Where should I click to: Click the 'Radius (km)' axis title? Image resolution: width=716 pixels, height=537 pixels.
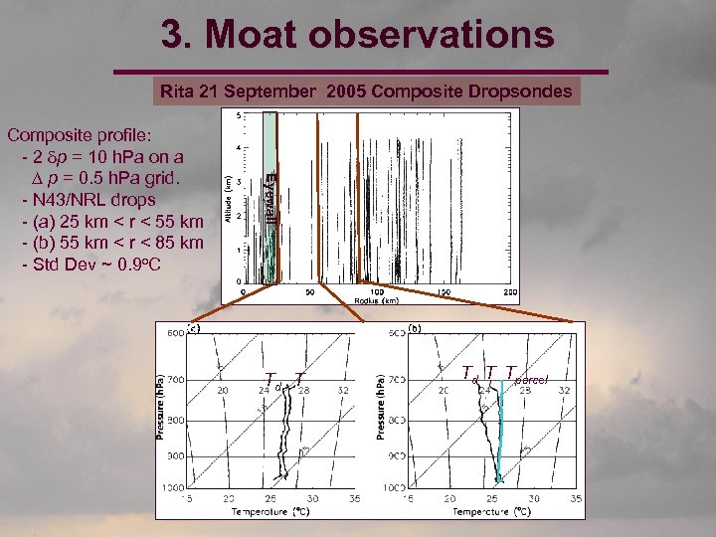click(377, 300)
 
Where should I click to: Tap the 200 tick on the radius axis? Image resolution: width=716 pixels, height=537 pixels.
click(510, 291)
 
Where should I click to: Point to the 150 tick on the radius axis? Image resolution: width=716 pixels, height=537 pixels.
click(444, 291)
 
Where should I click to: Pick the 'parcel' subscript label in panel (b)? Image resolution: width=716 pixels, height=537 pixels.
click(531, 379)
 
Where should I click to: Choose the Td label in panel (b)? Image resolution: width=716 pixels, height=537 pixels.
click(470, 374)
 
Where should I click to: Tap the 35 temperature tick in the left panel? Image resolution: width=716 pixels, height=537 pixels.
click(354, 497)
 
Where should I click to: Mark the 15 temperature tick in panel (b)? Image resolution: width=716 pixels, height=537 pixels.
click(409, 497)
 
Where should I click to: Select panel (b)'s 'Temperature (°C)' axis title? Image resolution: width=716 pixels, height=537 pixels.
click(491, 511)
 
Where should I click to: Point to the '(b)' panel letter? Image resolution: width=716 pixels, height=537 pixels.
click(415, 328)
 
